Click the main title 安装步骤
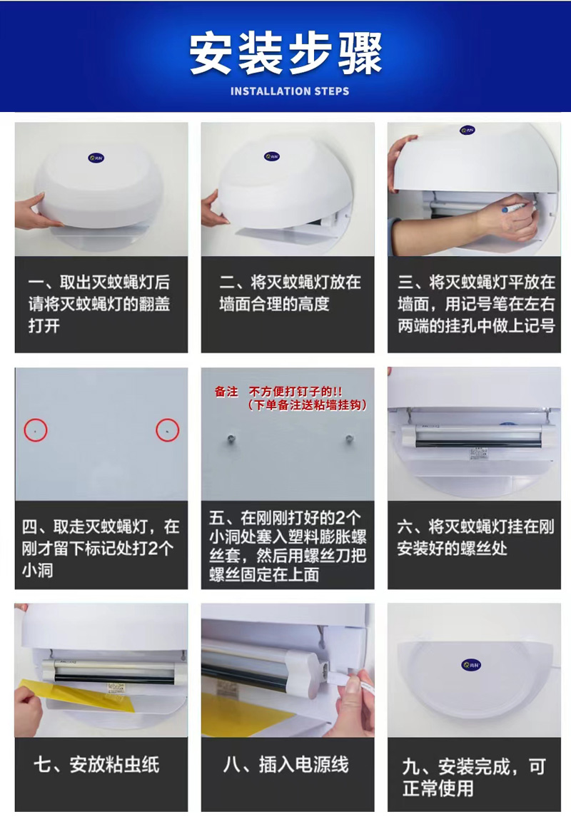285,54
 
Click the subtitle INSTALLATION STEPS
290,91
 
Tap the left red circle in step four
36,429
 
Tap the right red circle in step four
167,429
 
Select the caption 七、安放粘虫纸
96,766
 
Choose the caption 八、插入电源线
285,766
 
